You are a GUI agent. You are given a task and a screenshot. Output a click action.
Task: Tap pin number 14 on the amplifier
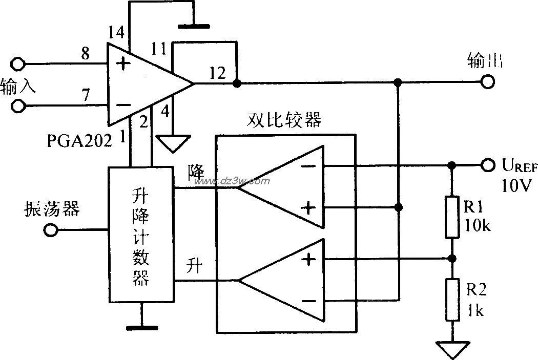click(x=116, y=33)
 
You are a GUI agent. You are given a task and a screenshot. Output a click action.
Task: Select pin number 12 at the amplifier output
click(x=217, y=73)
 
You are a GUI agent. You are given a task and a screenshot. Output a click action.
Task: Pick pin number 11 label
click(x=160, y=50)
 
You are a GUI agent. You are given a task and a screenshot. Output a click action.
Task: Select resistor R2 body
click(x=451, y=299)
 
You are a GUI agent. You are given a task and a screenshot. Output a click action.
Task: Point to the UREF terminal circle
click(x=487, y=165)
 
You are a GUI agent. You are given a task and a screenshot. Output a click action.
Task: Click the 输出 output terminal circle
click(x=487, y=82)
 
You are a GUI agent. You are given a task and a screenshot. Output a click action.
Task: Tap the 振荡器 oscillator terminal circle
click(x=50, y=230)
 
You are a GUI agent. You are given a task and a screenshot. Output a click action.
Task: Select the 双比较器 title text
click(x=284, y=120)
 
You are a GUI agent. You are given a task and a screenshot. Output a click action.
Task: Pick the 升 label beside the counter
click(x=196, y=266)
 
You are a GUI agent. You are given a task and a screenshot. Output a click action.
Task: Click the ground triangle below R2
click(x=451, y=349)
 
